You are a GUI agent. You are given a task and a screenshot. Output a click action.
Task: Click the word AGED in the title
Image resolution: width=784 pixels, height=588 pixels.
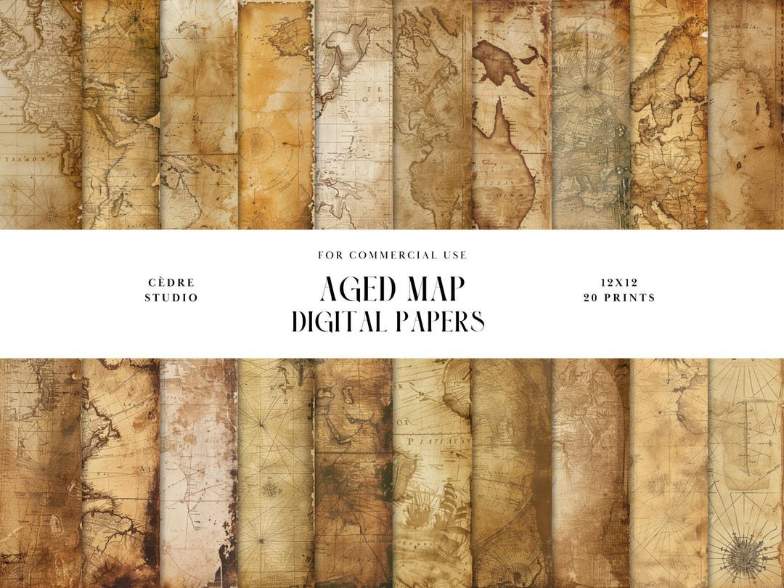coord(356,289)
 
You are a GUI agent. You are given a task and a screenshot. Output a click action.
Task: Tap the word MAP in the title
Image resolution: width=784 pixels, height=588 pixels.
coord(432,289)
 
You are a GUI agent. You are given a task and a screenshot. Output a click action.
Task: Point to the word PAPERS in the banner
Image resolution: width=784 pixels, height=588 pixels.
coord(438,321)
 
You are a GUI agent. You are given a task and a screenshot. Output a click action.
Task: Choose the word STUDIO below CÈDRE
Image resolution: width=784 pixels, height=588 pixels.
coord(171,298)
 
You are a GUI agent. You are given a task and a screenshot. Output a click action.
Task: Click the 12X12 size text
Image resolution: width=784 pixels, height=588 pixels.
coord(618,282)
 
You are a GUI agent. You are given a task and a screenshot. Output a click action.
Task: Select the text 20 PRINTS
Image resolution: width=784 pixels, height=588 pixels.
coord(618,298)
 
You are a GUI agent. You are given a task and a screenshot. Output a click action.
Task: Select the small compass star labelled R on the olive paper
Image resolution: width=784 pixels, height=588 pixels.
coord(270,488)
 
